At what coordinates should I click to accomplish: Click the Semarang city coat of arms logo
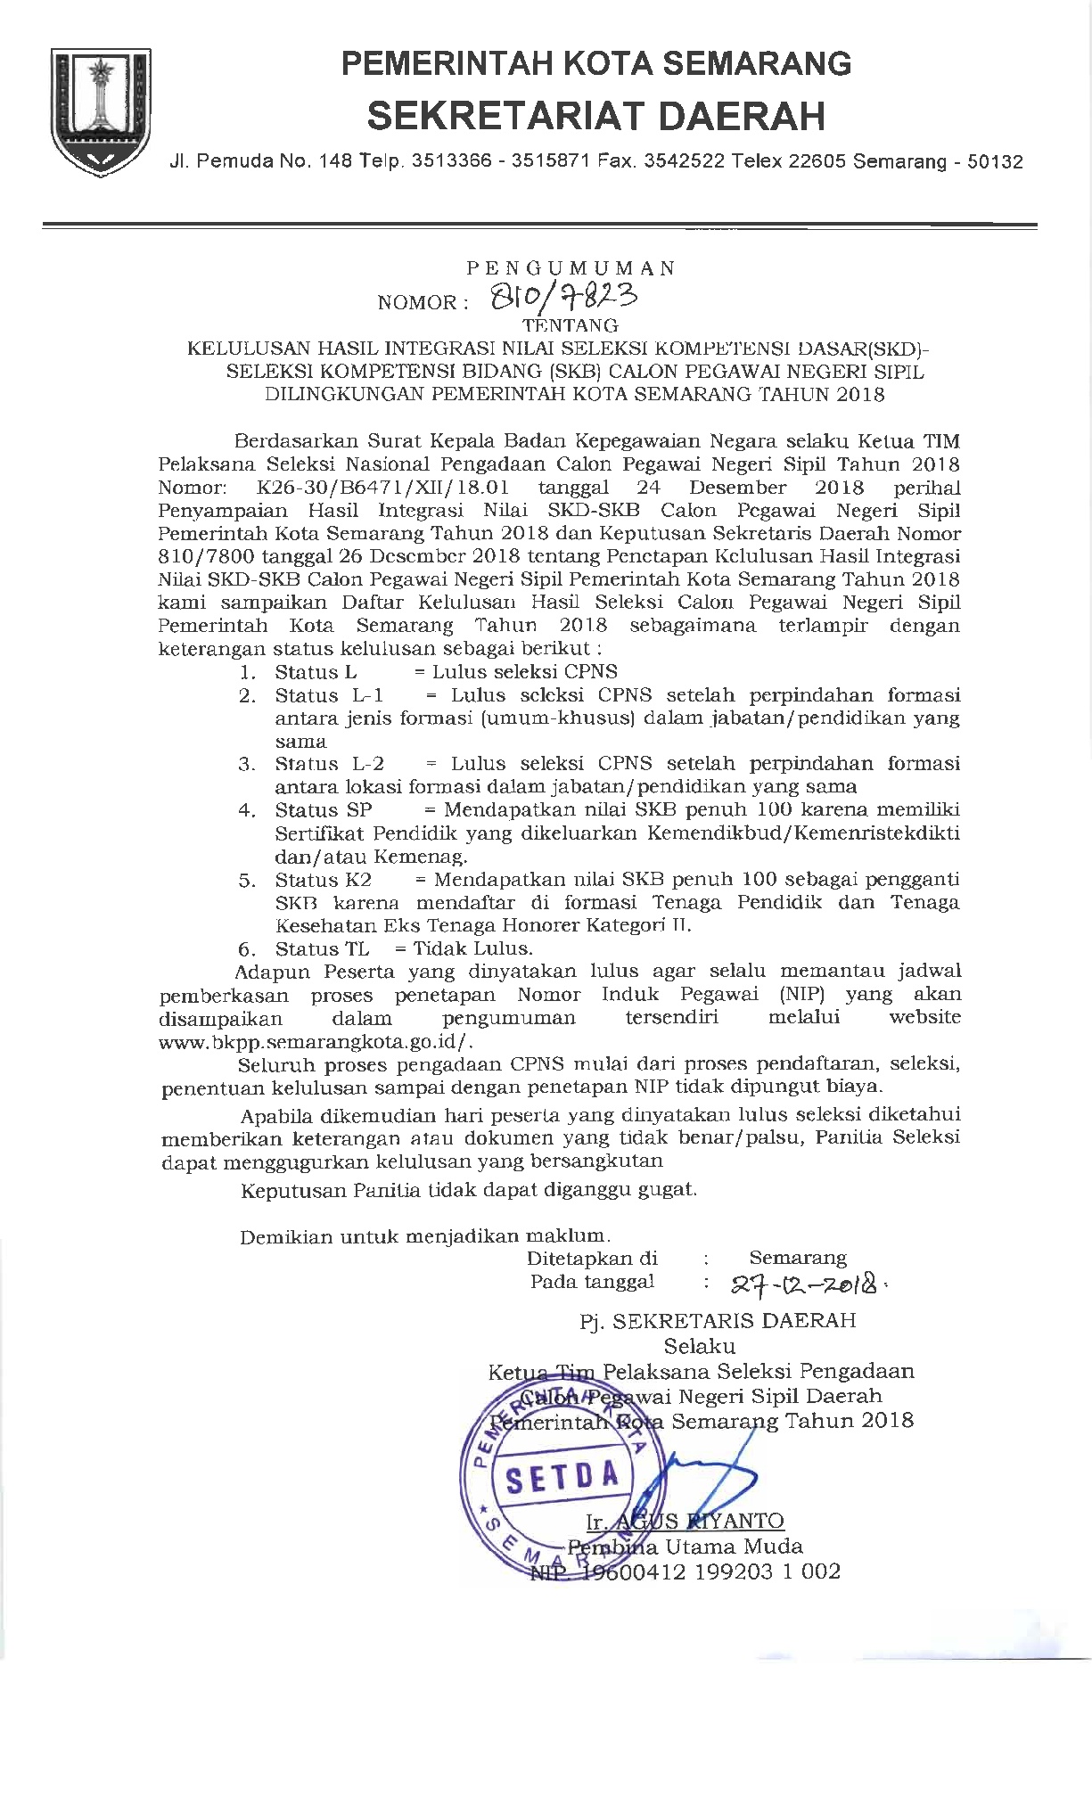[101, 111]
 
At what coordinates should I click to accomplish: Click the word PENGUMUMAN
[571, 267]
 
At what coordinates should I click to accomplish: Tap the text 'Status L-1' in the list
[329, 695]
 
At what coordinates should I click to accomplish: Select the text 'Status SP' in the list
[323, 810]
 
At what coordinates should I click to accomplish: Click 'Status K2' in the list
[323, 880]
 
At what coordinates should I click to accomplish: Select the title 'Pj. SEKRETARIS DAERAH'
[718, 1320]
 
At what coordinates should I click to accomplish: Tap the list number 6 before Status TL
[247, 949]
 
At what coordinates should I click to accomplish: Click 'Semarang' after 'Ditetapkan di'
[798, 1258]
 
